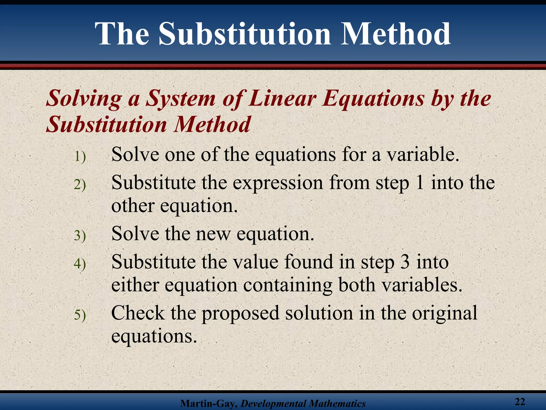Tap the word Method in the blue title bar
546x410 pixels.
click(x=396, y=34)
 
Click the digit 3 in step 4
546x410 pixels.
click(x=405, y=262)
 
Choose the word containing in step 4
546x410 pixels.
click(x=288, y=285)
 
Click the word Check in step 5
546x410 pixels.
click(x=138, y=313)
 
